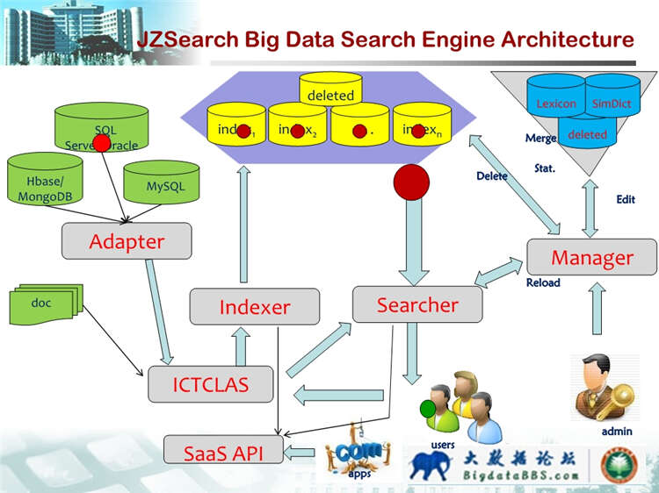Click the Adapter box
[127, 241]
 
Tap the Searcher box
[417, 304]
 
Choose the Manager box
[591, 257]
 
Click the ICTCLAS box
[210, 383]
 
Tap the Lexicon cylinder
[555, 103]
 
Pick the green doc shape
[44, 303]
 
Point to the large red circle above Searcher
[411, 182]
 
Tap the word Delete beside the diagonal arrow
[491, 176]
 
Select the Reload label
[542, 283]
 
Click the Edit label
[625, 200]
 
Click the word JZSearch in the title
[185, 39]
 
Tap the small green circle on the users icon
[428, 408]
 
